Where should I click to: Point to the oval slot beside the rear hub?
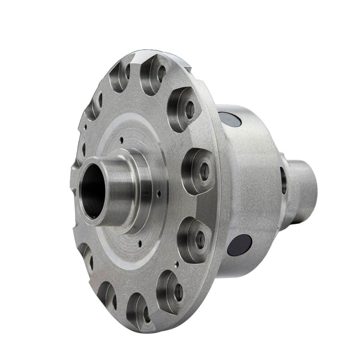[283, 179]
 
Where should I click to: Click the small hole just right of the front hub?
[158, 194]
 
